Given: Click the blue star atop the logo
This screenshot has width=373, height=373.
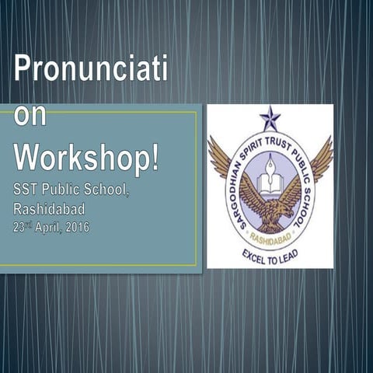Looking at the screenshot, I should [x=270, y=118].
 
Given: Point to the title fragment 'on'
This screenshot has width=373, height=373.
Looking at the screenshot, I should [x=31, y=116].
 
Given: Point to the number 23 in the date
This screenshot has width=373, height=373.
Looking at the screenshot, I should [x=18, y=228].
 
